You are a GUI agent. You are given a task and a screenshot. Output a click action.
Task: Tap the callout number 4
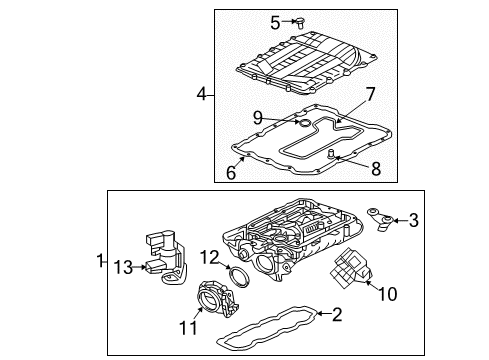pos(202,95)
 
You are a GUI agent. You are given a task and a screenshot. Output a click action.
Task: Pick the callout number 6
pos(231,172)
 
